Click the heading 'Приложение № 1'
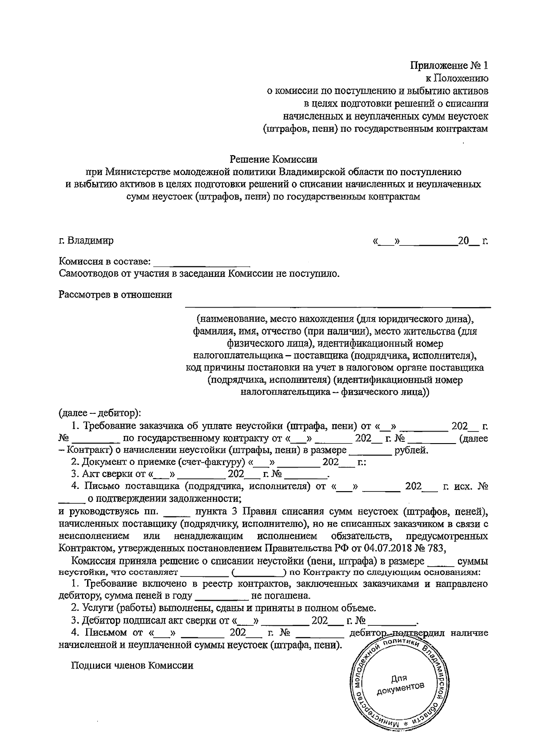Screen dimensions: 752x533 449,66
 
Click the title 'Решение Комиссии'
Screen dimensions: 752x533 274,159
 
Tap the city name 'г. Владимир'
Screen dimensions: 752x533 86,241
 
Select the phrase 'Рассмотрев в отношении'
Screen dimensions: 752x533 115,295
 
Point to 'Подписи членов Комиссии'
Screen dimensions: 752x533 132,666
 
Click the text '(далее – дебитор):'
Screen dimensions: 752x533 99,413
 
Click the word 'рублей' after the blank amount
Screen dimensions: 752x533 411,450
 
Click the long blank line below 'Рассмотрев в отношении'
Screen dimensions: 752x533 338,307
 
